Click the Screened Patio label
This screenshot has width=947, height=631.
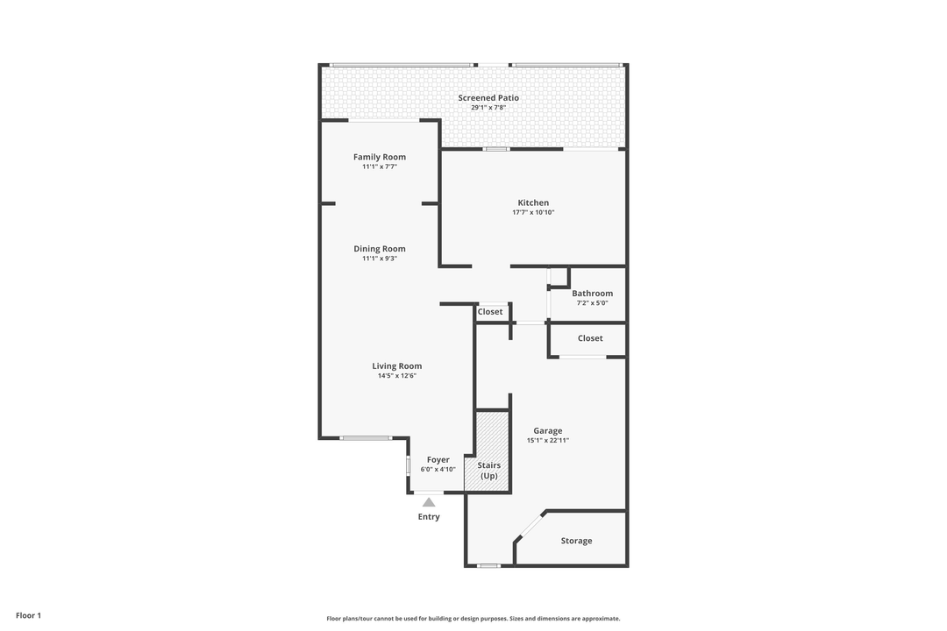coord(488,98)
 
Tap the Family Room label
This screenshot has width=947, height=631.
coord(380,157)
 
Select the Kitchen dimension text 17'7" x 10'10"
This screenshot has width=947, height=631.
coord(533,212)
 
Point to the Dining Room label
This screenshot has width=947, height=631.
coord(380,249)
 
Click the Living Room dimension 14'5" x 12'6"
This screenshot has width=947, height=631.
coord(396,376)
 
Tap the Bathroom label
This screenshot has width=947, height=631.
coord(592,294)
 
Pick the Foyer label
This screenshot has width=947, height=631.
coord(438,460)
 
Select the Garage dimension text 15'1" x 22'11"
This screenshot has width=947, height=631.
coord(547,440)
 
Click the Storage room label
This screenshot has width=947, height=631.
coord(576,541)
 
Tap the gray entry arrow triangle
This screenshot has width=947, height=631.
coord(429,502)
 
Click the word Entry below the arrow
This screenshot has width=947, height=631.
coord(429,517)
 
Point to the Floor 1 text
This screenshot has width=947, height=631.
coord(28,615)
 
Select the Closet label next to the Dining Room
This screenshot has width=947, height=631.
coord(490,312)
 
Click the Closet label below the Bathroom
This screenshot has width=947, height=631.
coord(590,338)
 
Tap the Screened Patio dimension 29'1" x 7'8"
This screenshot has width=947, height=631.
coord(488,108)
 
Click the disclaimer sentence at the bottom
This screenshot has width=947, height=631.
coord(473,619)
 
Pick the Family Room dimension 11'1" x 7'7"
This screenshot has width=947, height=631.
coord(380,167)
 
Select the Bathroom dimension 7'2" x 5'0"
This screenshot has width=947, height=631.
coord(592,303)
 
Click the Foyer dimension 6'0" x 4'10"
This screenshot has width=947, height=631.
coord(438,470)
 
